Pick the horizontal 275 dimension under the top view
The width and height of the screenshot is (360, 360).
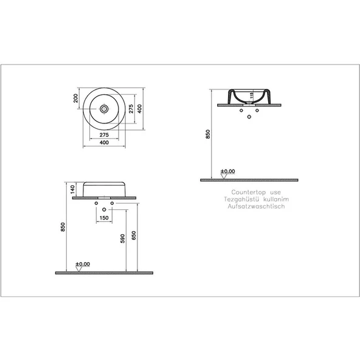pos(104,133)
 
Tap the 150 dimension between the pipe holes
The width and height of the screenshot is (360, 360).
pos(103,218)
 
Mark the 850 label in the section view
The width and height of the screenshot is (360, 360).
pos(207,135)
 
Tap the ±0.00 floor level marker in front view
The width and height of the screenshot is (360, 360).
pos(82,264)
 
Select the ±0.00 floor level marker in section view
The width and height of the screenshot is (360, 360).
pos(227,172)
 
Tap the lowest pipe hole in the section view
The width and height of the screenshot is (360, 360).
pos(249,116)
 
